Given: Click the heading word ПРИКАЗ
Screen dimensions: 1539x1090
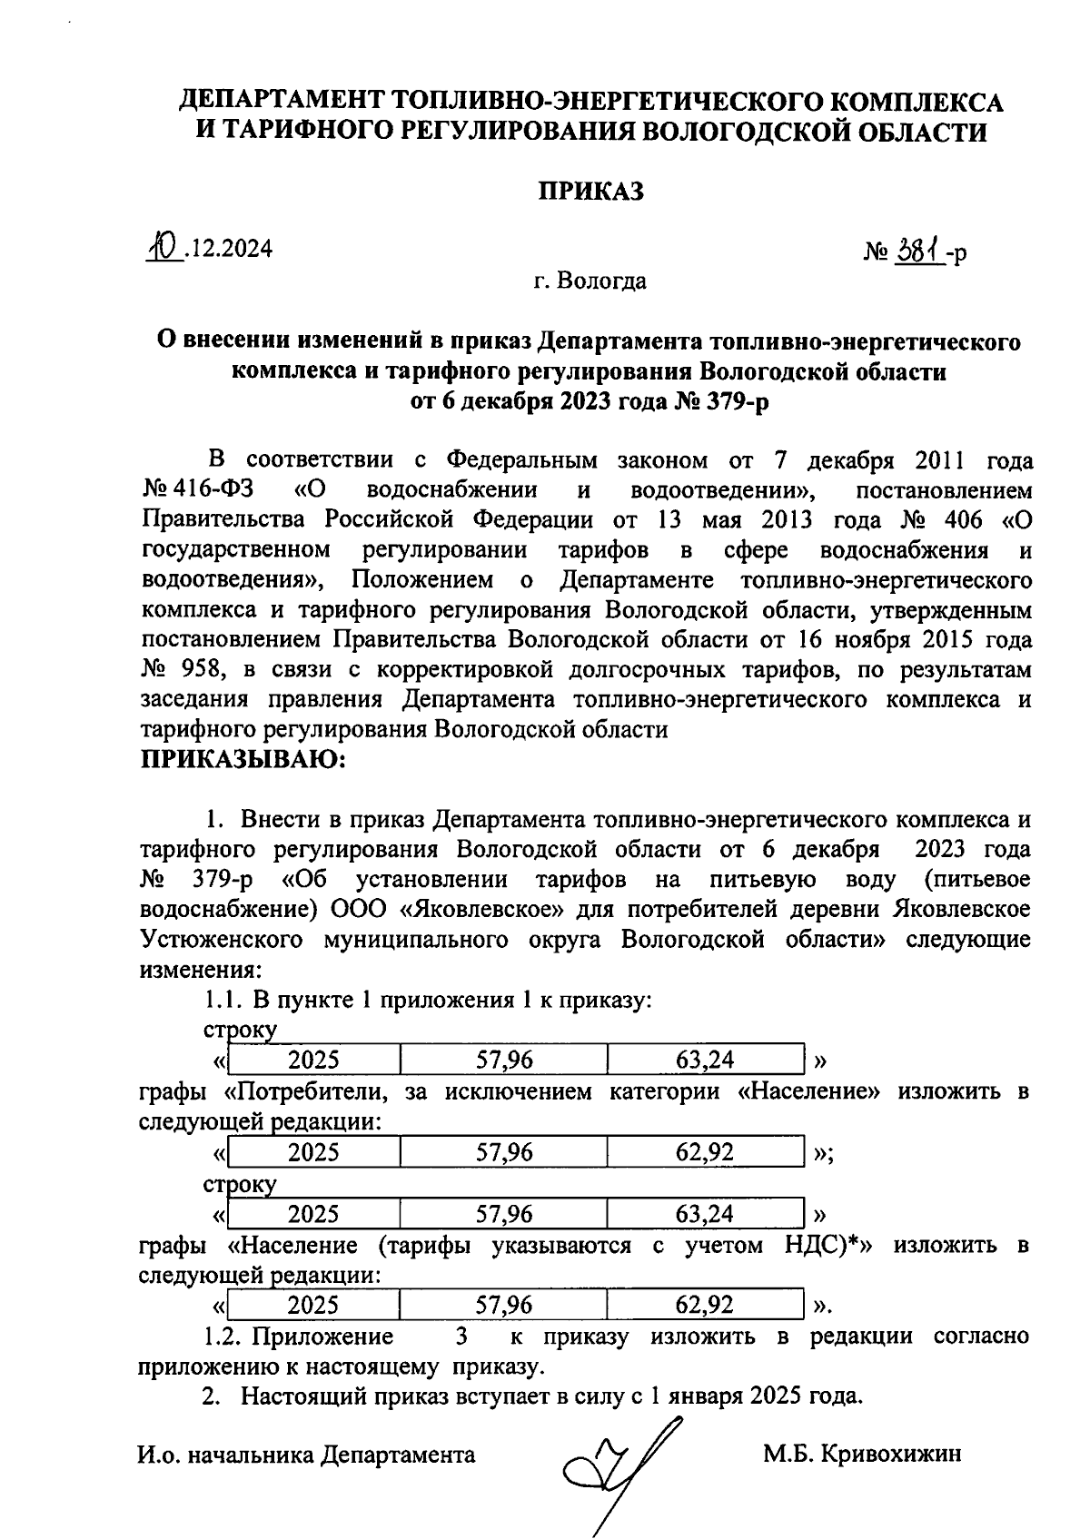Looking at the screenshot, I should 591,192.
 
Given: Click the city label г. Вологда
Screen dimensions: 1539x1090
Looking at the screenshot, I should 590,281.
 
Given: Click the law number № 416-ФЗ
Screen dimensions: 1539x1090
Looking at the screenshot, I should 198,490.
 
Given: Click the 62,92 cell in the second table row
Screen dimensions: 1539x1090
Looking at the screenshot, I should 705,1152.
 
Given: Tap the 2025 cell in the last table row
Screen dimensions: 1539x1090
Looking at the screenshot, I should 313,1305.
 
